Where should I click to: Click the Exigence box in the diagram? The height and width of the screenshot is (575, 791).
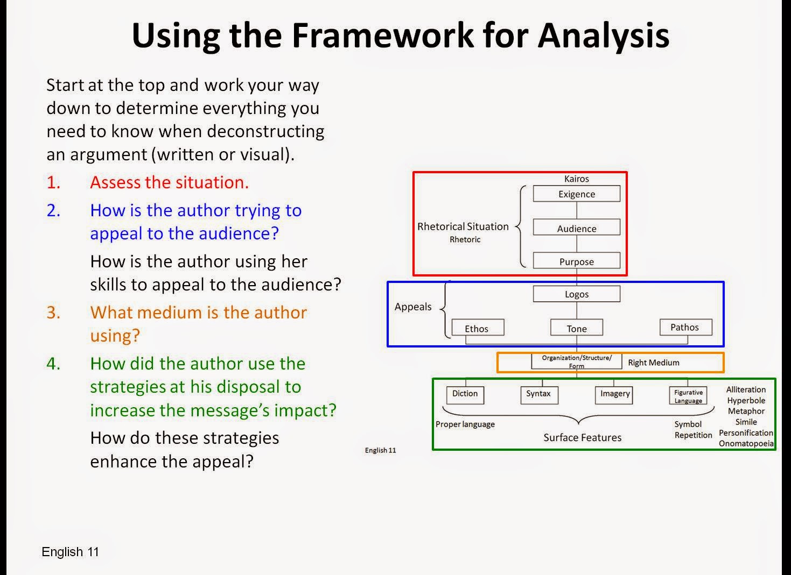(576, 194)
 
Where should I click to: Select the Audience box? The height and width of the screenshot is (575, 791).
(576, 228)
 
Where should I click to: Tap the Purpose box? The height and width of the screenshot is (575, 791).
(576, 261)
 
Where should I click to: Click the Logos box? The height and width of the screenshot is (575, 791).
(576, 294)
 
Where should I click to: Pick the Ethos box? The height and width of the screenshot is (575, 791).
(477, 328)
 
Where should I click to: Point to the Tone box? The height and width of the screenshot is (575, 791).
(576, 328)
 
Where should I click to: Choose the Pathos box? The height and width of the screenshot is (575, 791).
(685, 327)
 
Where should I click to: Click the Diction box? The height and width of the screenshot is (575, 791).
(465, 394)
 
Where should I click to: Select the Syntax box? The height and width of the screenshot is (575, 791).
(538, 394)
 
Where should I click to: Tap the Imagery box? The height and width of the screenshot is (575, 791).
(615, 394)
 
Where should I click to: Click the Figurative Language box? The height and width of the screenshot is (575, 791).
(688, 396)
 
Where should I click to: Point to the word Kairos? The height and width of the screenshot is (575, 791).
(576, 179)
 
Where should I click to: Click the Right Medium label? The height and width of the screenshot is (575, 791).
(654, 363)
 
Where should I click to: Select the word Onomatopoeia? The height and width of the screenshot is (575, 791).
(746, 444)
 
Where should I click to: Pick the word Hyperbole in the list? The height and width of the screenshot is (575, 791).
(746, 400)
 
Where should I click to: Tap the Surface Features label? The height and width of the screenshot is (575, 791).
(582, 437)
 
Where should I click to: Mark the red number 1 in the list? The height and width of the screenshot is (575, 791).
(53, 182)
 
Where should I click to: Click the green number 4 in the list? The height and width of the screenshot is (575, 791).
(53, 364)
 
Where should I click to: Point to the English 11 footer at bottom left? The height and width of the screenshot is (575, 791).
(70, 552)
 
